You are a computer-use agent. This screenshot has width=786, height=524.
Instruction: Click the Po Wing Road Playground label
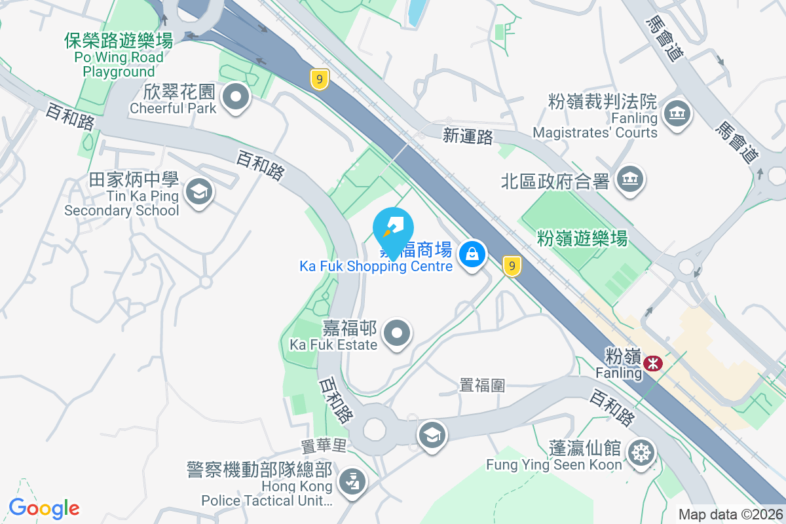(x=119, y=56)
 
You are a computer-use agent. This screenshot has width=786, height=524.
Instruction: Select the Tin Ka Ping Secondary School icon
(x=197, y=192)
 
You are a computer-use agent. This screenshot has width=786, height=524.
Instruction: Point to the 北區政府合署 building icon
(x=630, y=178)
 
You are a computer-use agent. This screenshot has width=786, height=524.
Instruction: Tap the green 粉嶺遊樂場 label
(x=582, y=238)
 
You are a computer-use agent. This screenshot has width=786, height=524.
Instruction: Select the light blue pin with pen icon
(x=392, y=227)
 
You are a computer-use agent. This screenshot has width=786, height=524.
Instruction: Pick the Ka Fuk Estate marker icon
(x=396, y=333)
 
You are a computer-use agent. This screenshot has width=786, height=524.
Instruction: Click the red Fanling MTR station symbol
(x=652, y=363)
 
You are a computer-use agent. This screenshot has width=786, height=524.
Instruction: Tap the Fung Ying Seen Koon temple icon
(x=640, y=452)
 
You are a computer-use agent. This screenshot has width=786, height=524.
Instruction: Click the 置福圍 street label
(x=482, y=385)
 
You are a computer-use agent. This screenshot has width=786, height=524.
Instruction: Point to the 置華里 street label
(x=323, y=446)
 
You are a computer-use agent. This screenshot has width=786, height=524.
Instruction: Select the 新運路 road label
(x=466, y=135)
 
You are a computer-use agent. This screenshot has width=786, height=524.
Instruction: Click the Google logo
(x=44, y=508)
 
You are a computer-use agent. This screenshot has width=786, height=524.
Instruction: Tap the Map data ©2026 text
(x=730, y=515)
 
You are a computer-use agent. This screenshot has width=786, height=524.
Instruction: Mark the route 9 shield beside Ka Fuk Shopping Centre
(x=512, y=265)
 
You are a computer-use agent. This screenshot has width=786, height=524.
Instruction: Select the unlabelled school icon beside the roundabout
(x=432, y=434)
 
